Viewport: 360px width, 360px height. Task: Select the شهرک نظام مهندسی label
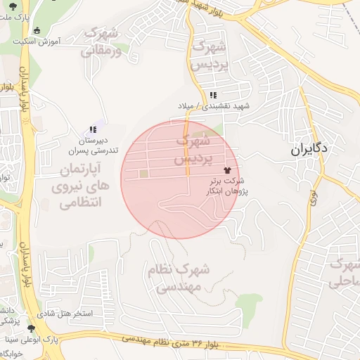coord(179,278)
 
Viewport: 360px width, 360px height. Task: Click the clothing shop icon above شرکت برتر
coord(226,170)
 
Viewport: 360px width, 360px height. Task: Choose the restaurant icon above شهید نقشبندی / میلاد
coord(213,96)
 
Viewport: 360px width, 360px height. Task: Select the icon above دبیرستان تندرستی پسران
coord(92,129)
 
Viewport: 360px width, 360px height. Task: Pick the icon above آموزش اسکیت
coord(37,30)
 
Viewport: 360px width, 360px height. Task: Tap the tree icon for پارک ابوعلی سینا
coord(31,328)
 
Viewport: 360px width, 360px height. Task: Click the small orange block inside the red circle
coord(143,174)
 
